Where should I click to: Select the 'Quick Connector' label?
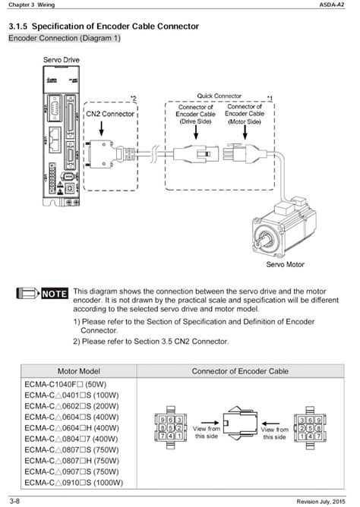pos(220,96)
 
